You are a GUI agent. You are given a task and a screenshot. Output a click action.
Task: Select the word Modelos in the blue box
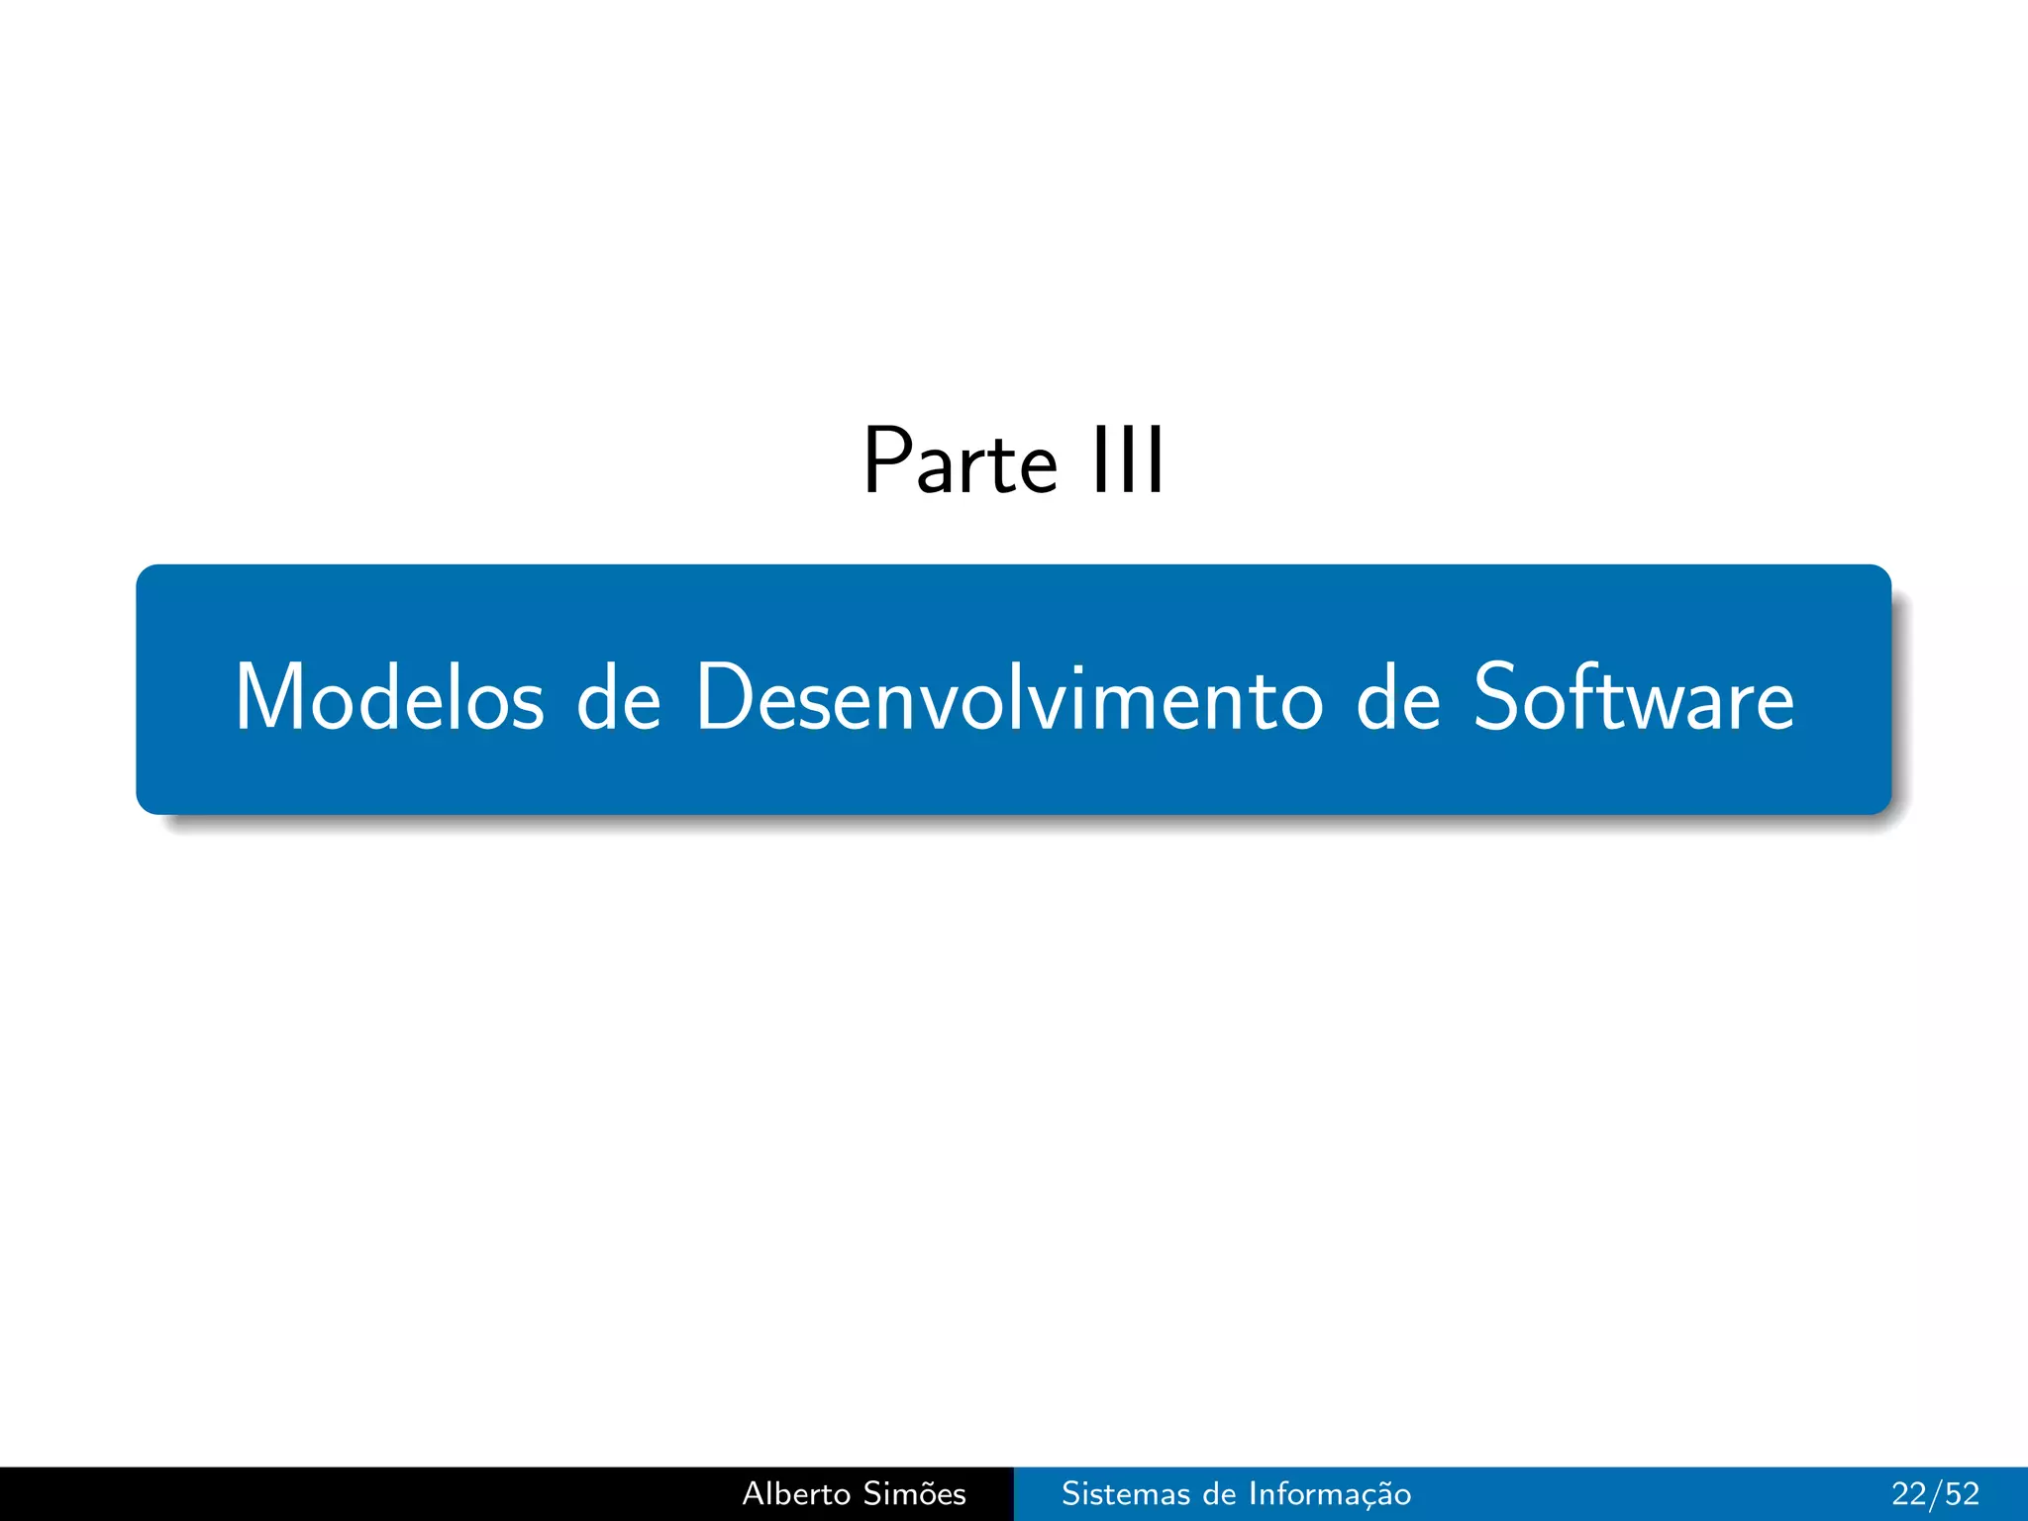point(389,698)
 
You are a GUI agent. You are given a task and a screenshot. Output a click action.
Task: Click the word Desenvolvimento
point(1008,698)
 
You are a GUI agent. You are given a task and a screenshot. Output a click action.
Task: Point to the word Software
point(1633,698)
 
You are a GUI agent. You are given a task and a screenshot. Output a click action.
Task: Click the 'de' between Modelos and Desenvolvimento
point(618,698)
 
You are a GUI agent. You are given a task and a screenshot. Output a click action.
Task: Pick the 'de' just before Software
point(1397,698)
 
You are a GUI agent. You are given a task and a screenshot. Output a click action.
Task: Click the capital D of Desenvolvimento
point(728,698)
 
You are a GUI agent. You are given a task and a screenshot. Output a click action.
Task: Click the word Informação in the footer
point(1330,1493)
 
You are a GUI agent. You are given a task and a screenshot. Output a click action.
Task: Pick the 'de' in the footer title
point(1218,1493)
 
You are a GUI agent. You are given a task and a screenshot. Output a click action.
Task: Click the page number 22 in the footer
point(1910,1493)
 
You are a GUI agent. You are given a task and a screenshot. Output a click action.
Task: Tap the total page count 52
point(1961,1493)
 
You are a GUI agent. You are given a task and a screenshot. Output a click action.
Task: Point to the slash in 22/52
point(1936,1493)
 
